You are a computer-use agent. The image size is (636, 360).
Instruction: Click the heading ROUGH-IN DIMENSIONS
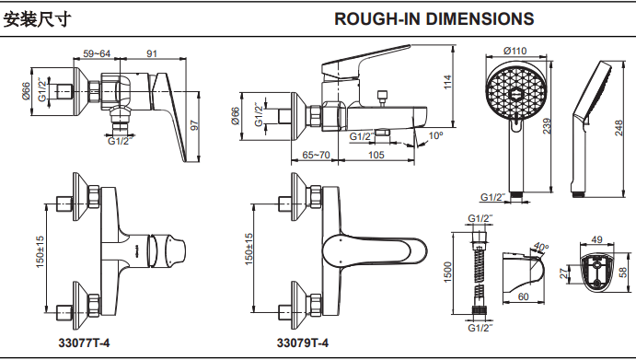(434, 18)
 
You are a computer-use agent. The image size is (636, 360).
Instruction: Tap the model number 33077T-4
(84, 343)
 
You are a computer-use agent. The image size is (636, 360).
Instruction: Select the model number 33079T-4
(303, 343)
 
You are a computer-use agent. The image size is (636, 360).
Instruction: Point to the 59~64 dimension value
(98, 54)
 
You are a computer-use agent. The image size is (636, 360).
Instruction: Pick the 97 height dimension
(194, 124)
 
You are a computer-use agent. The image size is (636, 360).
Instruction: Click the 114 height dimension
(448, 83)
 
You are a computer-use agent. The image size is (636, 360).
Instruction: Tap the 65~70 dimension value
(316, 155)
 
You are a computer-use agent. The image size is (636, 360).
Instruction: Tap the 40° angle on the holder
(541, 248)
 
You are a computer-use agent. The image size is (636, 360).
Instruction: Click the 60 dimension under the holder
(522, 296)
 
